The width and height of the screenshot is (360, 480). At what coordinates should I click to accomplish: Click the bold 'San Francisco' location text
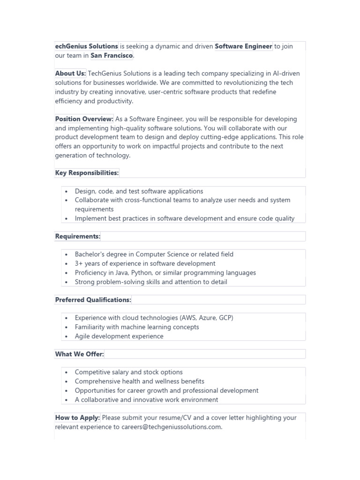click(x=112, y=56)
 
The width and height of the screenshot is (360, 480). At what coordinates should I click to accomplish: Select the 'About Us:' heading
click(x=70, y=74)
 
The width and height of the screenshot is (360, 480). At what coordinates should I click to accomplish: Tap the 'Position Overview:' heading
click(x=84, y=119)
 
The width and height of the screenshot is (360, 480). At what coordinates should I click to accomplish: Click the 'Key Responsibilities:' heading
click(x=87, y=173)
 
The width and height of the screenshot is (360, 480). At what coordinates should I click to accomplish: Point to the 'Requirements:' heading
click(x=78, y=236)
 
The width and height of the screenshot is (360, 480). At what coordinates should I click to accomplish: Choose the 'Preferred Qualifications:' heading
click(x=93, y=300)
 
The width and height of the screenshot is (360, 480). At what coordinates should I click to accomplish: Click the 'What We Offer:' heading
click(x=80, y=354)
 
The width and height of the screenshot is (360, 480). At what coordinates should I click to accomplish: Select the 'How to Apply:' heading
click(x=77, y=418)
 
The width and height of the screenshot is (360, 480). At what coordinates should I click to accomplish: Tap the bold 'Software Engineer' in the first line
click(x=243, y=46)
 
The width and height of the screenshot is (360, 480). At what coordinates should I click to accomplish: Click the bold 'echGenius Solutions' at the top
click(x=87, y=46)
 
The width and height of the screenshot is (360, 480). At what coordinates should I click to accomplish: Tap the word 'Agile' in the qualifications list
click(x=83, y=336)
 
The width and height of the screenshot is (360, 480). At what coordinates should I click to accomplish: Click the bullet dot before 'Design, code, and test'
click(x=67, y=192)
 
